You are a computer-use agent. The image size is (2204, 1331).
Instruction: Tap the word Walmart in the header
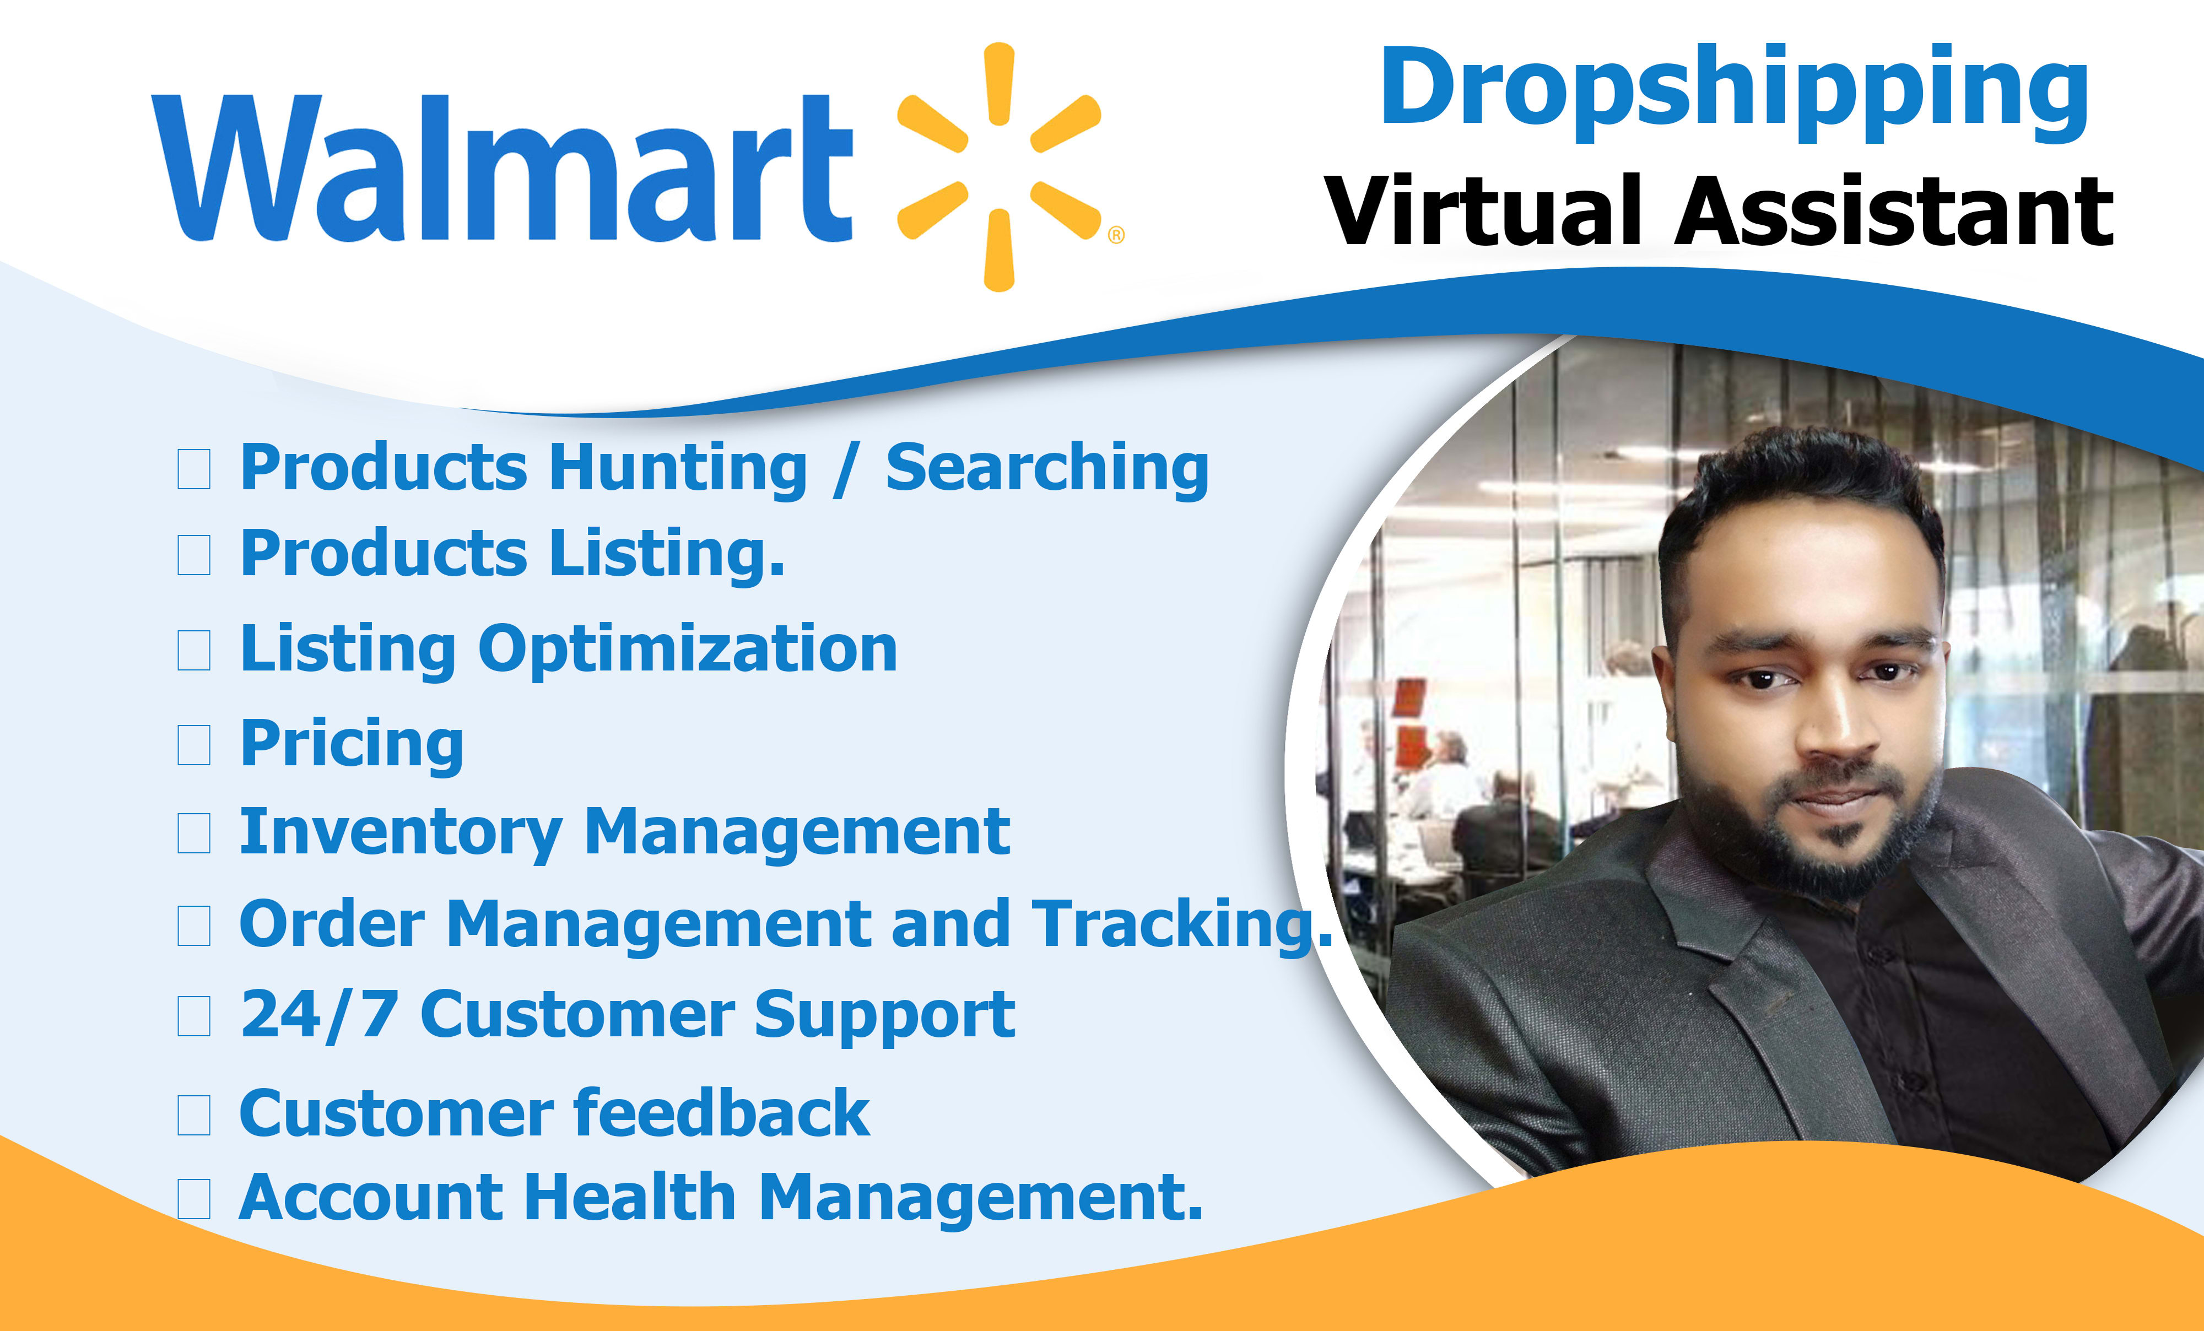coord(503,168)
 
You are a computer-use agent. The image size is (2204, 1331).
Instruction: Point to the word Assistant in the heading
coord(1894,210)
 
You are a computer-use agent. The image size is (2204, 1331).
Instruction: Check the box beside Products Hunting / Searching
coord(194,469)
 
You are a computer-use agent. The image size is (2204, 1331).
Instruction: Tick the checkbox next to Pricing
coord(194,745)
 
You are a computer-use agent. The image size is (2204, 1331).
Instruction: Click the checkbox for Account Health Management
coord(194,1199)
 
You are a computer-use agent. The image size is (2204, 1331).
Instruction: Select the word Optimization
coord(688,650)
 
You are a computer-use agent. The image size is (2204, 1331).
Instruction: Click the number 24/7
coord(320,1015)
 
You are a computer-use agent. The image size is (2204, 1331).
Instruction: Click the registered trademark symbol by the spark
coord(1116,235)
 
